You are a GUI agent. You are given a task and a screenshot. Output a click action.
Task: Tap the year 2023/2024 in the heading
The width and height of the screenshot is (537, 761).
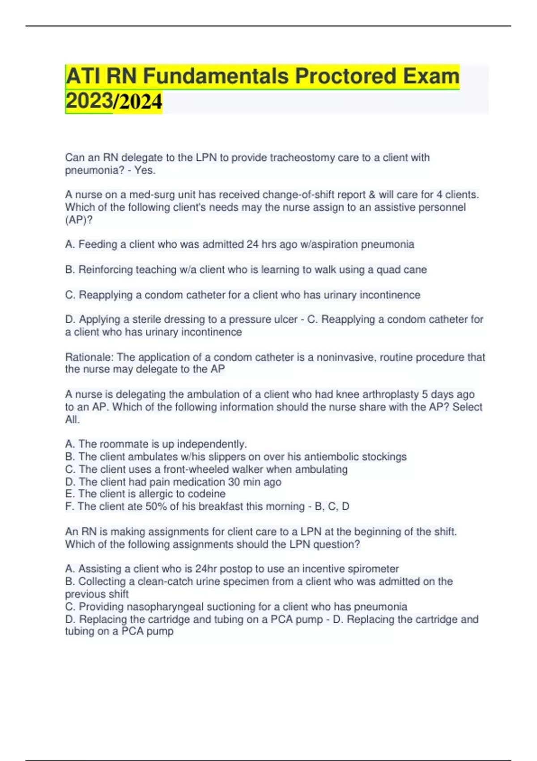[114, 101]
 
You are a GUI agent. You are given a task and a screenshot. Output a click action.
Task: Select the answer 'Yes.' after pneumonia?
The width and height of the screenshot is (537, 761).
[145, 170]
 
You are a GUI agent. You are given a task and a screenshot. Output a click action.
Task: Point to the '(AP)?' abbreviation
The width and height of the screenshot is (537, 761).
[79, 220]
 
